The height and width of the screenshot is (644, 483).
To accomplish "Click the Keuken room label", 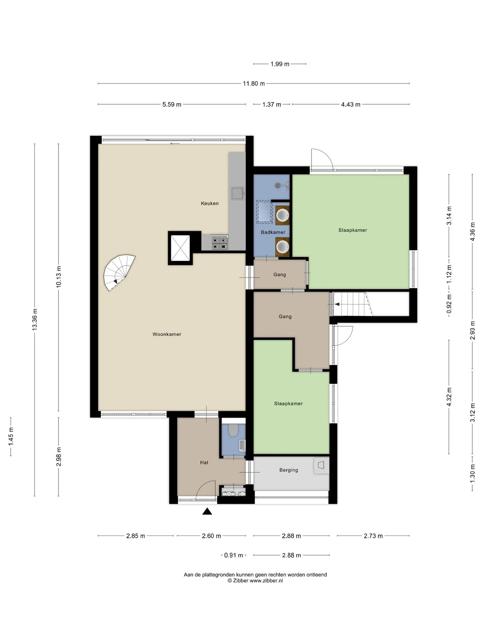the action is tap(210, 203).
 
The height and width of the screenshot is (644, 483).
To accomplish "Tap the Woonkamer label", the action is tap(167, 334).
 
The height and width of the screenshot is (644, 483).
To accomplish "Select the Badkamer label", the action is tap(273, 232).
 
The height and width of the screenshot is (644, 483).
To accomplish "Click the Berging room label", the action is tap(288, 470).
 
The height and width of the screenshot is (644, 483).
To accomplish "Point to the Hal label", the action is tap(204, 463).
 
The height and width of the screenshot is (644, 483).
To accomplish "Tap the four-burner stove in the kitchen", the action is tap(220, 242).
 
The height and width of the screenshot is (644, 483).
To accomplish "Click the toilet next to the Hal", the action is tap(233, 430).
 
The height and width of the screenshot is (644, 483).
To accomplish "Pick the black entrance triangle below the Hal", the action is tap(207, 511).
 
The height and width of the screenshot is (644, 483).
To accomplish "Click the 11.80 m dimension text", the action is tap(254, 84).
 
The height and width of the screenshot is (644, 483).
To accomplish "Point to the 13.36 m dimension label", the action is tap(35, 319).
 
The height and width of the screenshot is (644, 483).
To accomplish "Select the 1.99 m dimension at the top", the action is tap(280, 64).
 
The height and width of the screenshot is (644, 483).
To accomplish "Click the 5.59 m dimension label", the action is tap(172, 104).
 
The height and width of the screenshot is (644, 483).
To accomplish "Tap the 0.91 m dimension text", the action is tap(233, 555).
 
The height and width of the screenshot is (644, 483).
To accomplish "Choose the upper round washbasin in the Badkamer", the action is tap(282, 215).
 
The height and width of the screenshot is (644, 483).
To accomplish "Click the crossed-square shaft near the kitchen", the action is tap(180, 248).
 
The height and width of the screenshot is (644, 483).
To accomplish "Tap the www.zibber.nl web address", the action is tap(266, 581).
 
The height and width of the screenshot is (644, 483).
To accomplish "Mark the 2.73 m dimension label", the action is tap(373, 536).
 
